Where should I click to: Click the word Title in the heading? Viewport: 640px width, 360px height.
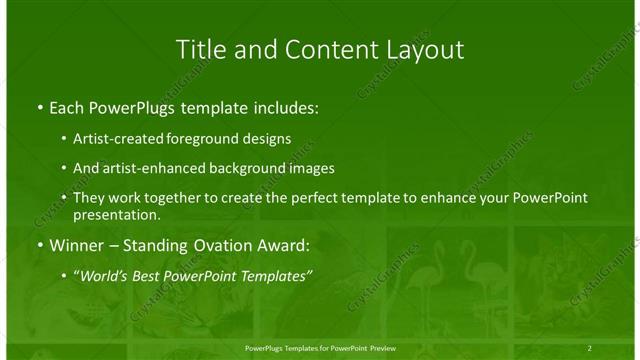[200, 49]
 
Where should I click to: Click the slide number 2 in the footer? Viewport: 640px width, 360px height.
[590, 347]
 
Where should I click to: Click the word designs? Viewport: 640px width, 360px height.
[269, 138]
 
